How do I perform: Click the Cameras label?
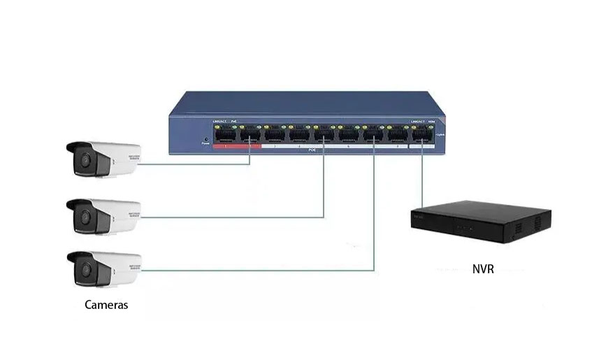pos(106,305)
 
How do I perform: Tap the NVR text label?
pos(482,268)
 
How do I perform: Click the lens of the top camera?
pos(83,160)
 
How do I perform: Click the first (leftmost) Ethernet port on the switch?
pos(225,135)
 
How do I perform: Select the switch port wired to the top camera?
pos(250,135)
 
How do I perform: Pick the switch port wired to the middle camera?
pos(324,135)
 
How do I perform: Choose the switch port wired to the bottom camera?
pos(373,135)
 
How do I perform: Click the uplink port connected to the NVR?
pos(422,135)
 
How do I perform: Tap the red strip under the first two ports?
pos(237,147)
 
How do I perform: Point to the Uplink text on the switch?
pos(440,134)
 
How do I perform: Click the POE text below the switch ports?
pos(312,150)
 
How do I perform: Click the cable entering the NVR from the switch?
pos(422,182)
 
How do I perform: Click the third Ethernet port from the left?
pos(274,135)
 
